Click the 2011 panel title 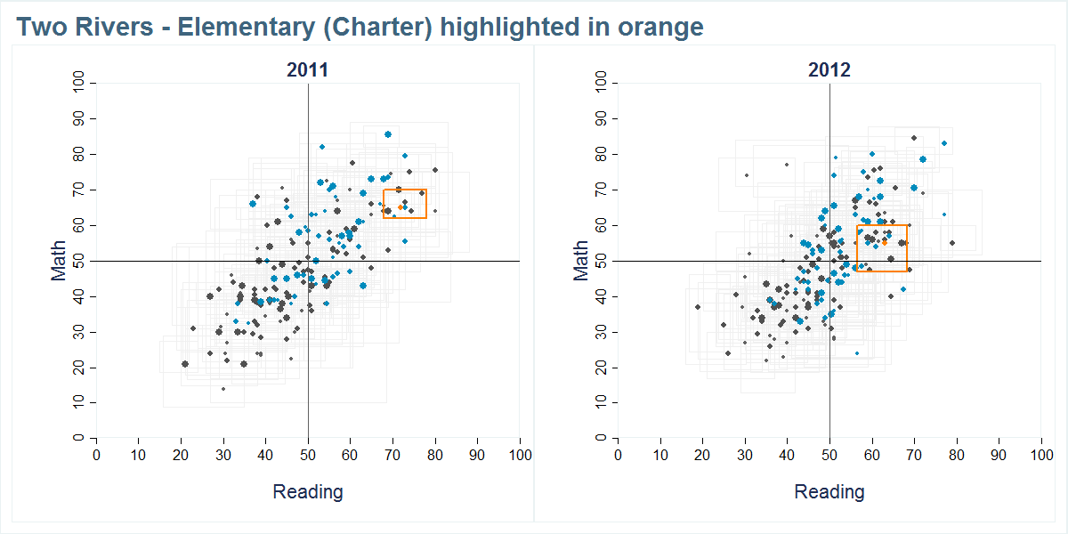[307, 70]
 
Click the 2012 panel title [829, 70]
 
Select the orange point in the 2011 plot [400, 207]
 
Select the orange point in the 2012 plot [884, 242]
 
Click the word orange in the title [661, 28]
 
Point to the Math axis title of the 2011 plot [59, 261]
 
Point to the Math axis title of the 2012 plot [581, 261]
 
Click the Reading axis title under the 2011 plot [307, 491]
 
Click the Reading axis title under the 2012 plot [829, 491]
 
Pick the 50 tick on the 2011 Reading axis [308, 455]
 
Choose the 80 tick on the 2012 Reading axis [957, 455]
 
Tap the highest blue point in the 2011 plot [388, 134]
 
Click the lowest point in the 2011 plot [223, 389]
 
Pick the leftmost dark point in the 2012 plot [698, 307]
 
